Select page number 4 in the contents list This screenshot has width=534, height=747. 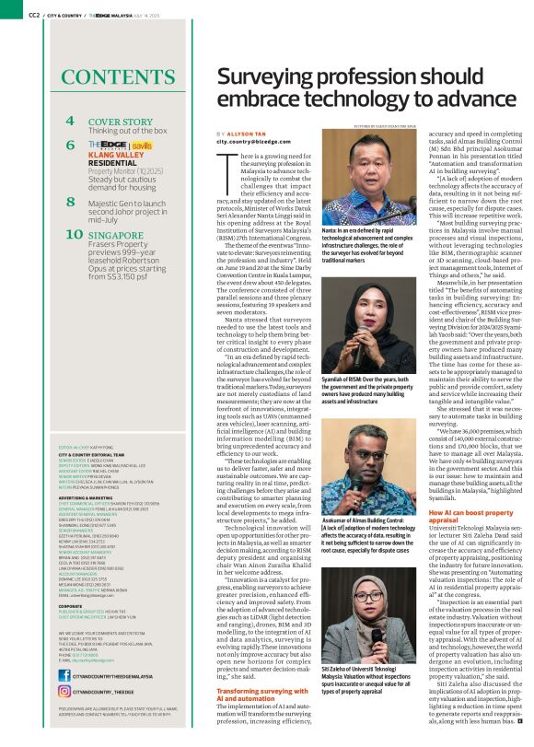70,121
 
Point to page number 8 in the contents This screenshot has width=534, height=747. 70,200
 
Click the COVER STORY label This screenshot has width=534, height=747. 120,121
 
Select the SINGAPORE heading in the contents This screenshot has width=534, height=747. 117,234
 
